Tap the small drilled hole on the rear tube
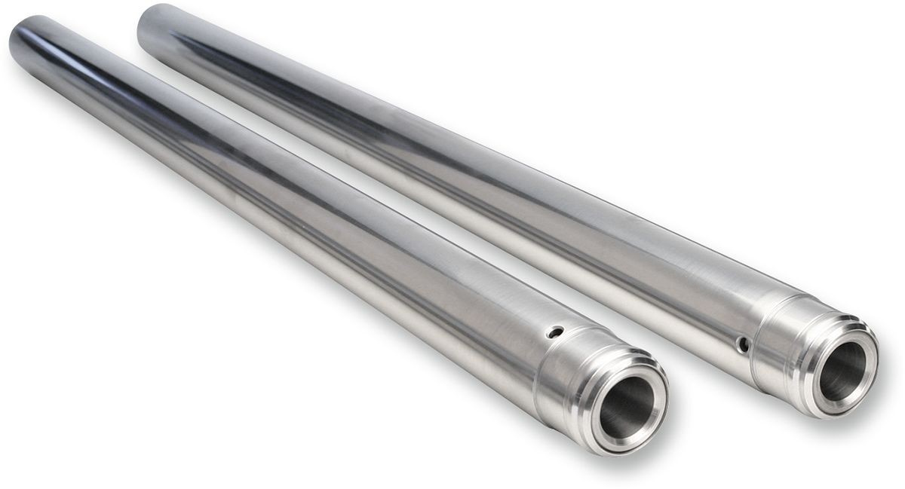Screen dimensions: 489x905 [x=743, y=345]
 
